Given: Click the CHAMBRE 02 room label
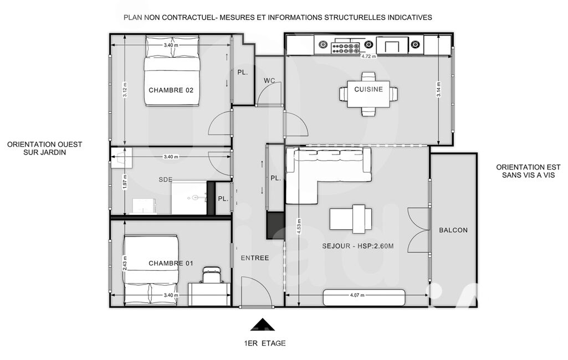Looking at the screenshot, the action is [x=171, y=90].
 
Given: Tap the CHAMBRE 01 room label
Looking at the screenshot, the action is [x=171, y=263].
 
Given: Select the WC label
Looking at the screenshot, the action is [x=269, y=80].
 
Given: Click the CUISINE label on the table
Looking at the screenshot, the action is [x=369, y=89].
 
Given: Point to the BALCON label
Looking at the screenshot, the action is [x=453, y=230].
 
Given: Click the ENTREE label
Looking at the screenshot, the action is [x=255, y=258].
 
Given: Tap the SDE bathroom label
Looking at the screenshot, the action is [x=166, y=179].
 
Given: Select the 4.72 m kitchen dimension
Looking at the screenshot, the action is [x=369, y=56].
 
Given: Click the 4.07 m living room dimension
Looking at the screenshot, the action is [x=357, y=295].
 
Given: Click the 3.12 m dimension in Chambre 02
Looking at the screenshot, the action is [x=125, y=90].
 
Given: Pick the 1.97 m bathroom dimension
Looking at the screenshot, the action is [x=125, y=182].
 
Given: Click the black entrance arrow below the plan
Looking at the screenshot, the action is [x=263, y=325].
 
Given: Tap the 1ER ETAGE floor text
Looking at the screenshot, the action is [x=265, y=343].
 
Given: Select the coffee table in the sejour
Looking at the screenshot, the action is [x=351, y=219].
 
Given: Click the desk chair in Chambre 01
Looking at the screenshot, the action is [x=212, y=275].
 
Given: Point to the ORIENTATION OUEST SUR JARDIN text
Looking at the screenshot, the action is [x=44, y=148].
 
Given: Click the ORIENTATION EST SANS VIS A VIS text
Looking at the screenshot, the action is [x=525, y=171].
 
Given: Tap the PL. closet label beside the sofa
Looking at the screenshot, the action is [x=275, y=178].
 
